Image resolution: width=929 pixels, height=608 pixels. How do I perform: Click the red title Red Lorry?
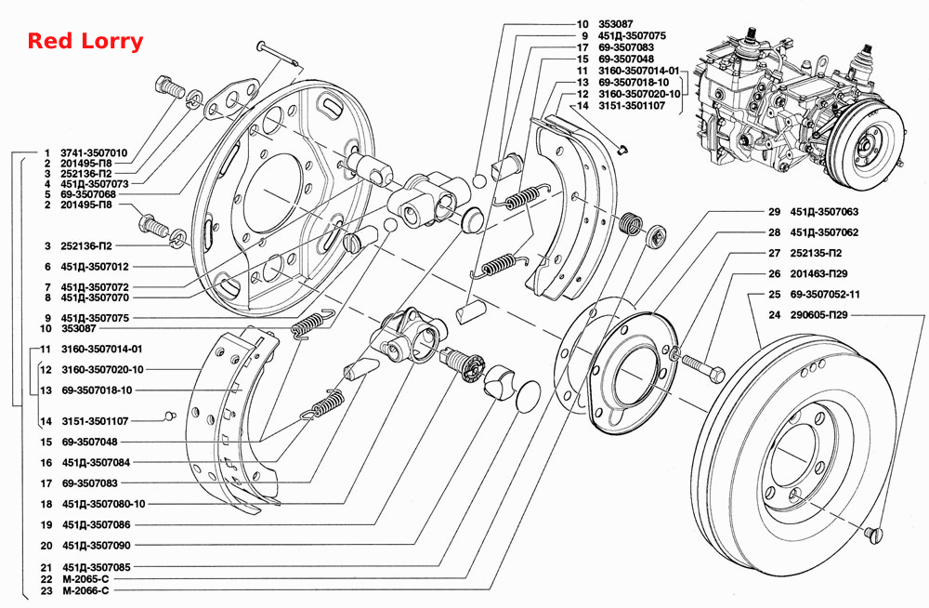(x=85, y=42)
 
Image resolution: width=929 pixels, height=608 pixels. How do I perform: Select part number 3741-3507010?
(x=94, y=153)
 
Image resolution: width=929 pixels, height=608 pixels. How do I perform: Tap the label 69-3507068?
(x=88, y=194)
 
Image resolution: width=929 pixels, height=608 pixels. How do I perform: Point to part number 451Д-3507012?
(x=95, y=267)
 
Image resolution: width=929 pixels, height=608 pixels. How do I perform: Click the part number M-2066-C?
(x=85, y=590)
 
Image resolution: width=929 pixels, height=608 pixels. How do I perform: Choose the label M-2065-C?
(x=85, y=579)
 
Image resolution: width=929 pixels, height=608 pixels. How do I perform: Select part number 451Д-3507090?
(x=96, y=546)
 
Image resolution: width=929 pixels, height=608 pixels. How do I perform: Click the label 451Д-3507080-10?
(x=104, y=504)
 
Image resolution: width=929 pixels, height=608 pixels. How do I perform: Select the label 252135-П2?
(x=817, y=253)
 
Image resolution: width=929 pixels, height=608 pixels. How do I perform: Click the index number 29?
(x=775, y=212)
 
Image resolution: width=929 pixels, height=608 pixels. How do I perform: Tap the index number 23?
(x=46, y=590)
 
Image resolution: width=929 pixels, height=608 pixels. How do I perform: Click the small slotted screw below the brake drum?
(x=873, y=534)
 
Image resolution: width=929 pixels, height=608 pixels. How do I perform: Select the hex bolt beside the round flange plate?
(x=703, y=367)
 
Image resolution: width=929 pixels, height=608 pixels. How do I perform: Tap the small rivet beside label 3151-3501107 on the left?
(x=169, y=416)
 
